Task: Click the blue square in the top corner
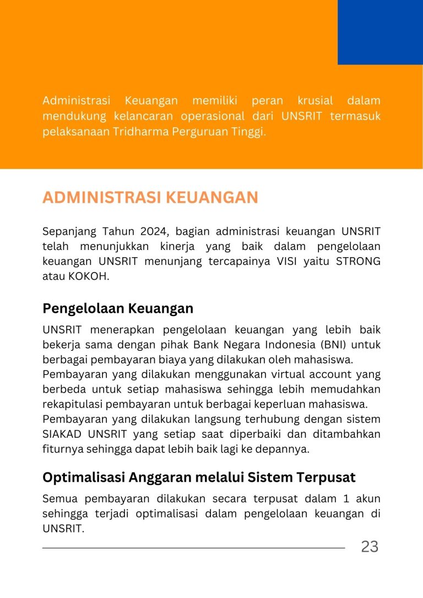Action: [380, 32]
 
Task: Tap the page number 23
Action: [370, 547]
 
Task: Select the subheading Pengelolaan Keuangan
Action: [118, 308]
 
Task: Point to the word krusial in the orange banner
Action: [315, 101]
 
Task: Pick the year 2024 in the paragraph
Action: [155, 231]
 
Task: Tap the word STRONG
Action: [358, 261]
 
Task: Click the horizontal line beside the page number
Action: [193, 548]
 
